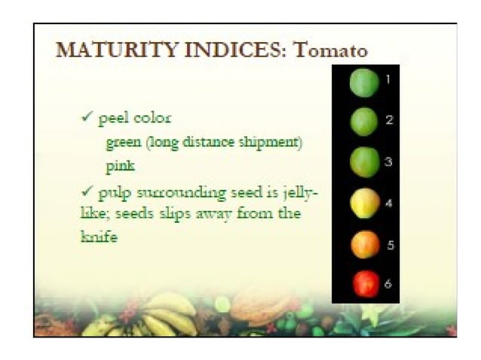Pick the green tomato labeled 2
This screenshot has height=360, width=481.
tap(363, 121)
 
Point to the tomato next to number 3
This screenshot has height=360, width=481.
tap(363, 160)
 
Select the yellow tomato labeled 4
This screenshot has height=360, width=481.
tap(363, 202)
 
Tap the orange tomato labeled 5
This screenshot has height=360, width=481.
tap(365, 244)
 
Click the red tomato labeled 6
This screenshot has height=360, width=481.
tap(365, 283)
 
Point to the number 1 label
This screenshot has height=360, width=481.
tap(388, 79)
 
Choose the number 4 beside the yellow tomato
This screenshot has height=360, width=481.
tap(388, 203)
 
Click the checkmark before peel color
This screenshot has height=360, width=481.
tap(87, 117)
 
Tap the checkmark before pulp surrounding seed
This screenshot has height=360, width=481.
tap(87, 193)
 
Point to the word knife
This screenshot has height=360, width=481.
tap(99, 237)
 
